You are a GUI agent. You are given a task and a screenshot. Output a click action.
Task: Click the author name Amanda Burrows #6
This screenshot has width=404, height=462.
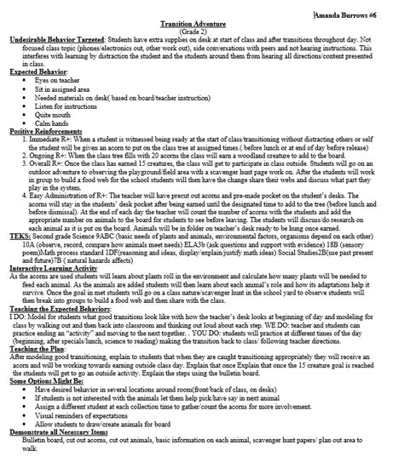357,13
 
